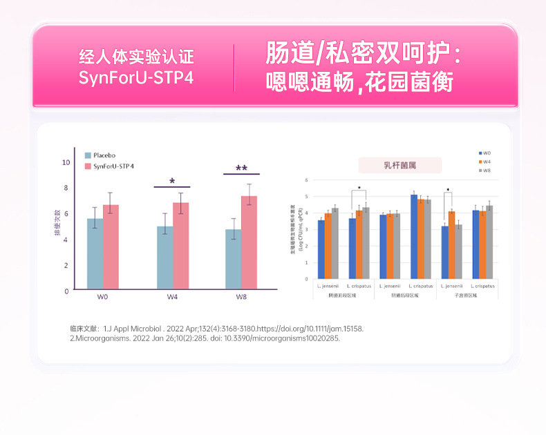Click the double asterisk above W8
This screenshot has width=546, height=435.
tap(241, 169)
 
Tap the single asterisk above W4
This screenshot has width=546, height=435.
tap(172, 182)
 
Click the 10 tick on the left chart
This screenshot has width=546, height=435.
tap(66, 162)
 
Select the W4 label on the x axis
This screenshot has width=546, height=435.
tap(172, 298)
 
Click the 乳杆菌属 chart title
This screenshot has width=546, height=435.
tap(400, 166)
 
